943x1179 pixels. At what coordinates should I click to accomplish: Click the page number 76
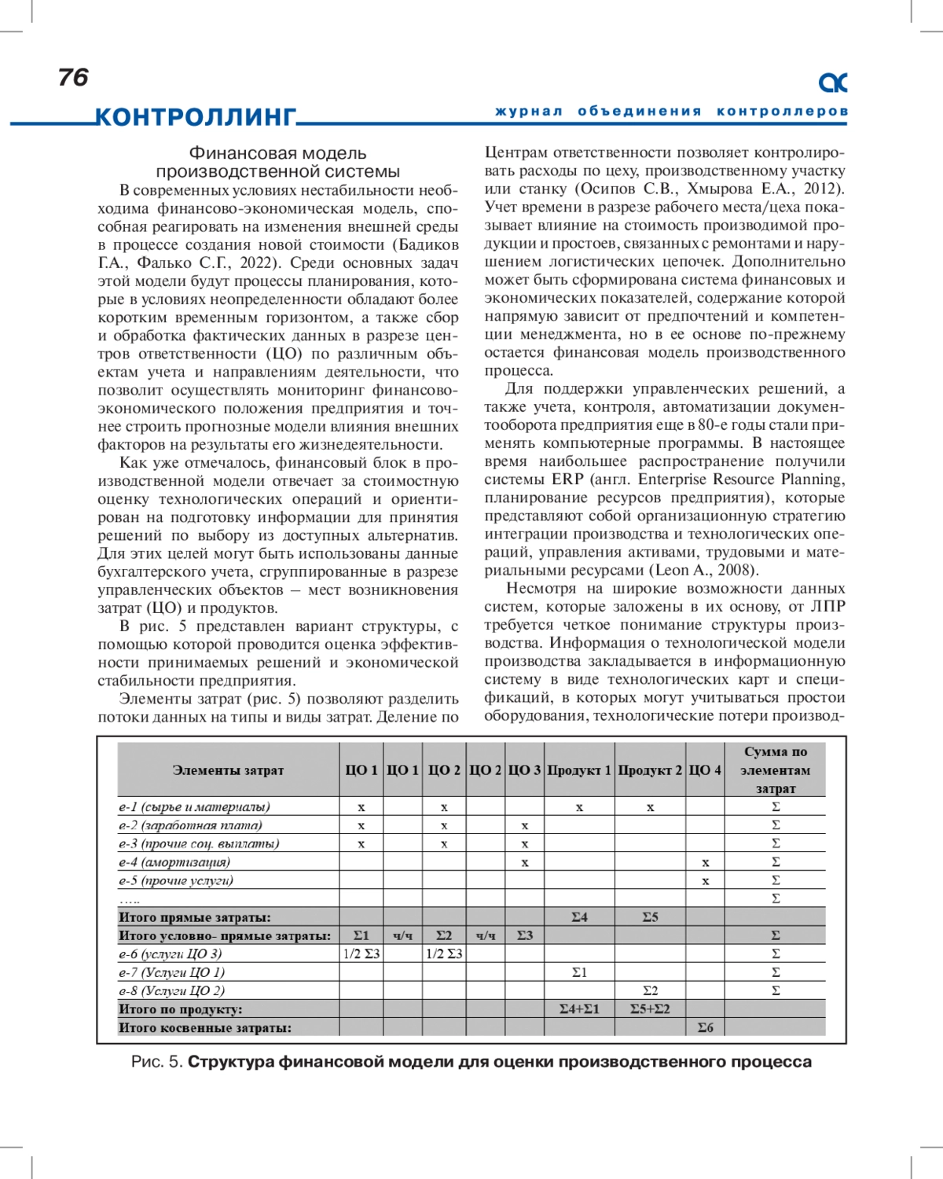[73, 77]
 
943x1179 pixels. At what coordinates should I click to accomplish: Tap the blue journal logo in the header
[833, 82]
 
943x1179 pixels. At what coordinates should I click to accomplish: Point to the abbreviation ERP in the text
[567, 479]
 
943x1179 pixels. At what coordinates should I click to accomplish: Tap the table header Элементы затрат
[228, 770]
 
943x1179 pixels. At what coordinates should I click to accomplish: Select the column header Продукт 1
[579, 770]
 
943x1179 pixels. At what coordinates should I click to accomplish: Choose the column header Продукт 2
[650, 770]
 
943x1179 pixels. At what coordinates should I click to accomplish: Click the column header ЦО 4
[705, 770]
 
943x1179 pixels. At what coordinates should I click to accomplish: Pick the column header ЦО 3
[524, 770]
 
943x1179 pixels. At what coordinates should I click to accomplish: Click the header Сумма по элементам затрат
[775, 770]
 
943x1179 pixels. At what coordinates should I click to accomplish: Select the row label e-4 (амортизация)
[174, 862]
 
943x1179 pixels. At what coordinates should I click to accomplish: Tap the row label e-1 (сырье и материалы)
[194, 806]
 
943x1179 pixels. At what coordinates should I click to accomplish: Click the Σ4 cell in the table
[579, 917]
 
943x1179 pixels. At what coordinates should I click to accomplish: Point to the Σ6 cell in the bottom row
[705, 1027]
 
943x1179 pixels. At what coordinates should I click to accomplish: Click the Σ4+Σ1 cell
[579, 1009]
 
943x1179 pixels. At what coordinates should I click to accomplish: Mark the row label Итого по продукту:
[181, 1009]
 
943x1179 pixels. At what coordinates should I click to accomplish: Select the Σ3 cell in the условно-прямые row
[524, 935]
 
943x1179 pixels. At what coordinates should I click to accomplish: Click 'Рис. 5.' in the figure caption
[157, 1062]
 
